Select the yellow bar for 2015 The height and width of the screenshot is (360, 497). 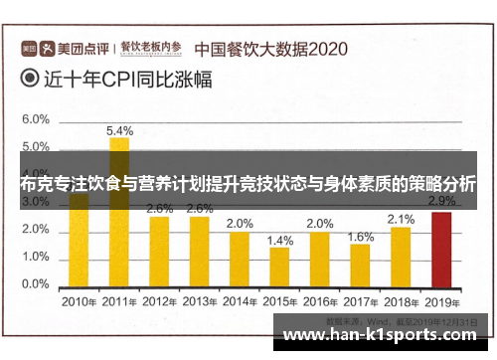[279, 266]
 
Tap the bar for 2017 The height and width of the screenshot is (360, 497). [361, 264]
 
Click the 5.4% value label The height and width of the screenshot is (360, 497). [119, 130]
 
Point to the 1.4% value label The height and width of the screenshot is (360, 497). [280, 240]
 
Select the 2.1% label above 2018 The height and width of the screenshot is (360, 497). [401, 219]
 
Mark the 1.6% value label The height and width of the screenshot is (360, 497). [361, 237]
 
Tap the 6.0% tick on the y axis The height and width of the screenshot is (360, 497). [35, 119]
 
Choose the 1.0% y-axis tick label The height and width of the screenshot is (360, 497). [35, 257]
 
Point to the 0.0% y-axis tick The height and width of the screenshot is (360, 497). [35, 284]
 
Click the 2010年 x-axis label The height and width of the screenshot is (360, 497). [79, 299]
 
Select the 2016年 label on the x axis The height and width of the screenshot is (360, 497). [320, 299]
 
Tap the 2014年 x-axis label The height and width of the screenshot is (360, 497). [240, 299]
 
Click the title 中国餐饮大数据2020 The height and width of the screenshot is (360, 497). [269, 47]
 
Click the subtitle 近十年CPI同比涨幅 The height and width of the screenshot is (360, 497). [125, 79]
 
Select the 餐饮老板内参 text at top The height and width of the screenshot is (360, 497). [151, 46]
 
